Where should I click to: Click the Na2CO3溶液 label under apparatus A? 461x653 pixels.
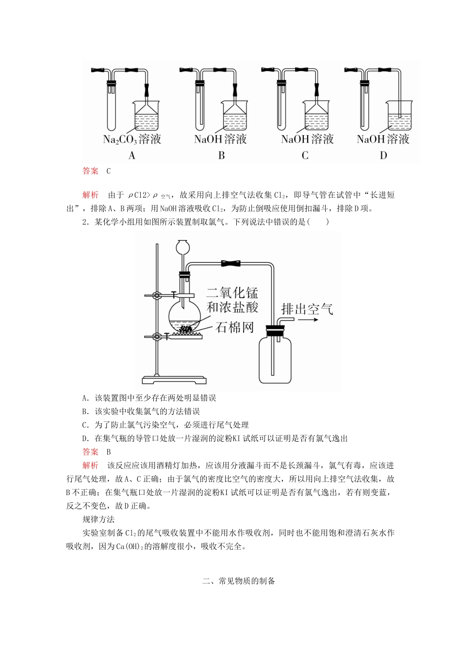[x=132, y=139]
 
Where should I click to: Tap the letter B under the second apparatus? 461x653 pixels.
[x=221, y=155]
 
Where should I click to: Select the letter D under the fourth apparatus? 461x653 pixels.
[x=383, y=155]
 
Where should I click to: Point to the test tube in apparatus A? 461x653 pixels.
[x=112, y=104]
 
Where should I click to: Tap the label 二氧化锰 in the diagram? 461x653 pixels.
[x=232, y=292]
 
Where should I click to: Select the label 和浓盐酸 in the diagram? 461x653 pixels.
[x=232, y=307]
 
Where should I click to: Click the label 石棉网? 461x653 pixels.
[x=235, y=327]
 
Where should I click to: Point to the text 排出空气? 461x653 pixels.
[x=300, y=309]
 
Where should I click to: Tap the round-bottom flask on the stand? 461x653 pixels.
[x=184, y=317]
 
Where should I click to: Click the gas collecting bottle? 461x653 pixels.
[x=276, y=360]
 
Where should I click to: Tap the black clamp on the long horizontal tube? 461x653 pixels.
[x=231, y=264]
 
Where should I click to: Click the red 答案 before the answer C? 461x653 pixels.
[x=90, y=171]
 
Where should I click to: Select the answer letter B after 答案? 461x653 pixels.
[x=109, y=452]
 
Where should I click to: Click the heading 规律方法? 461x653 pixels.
[x=99, y=519]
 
